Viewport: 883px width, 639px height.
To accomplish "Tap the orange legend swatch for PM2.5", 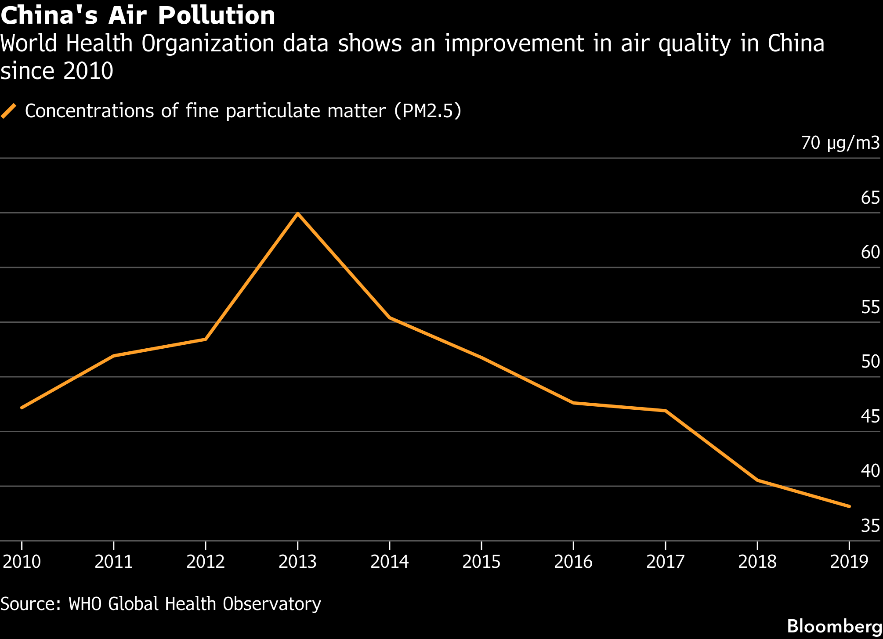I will (x=8, y=111).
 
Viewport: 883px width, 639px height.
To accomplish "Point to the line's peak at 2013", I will (x=298, y=213).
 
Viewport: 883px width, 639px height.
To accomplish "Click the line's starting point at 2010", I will (x=22, y=408).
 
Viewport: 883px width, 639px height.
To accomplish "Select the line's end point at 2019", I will (x=849, y=506).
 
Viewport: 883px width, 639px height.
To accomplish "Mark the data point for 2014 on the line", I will (x=390, y=318).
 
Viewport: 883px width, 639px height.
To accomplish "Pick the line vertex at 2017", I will (x=666, y=411).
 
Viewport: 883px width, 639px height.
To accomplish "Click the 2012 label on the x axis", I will (x=206, y=562).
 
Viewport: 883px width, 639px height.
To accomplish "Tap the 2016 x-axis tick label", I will (x=573, y=562).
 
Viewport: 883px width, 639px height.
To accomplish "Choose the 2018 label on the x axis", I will (x=757, y=562).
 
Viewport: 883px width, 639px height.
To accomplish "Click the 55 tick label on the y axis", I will (x=870, y=307).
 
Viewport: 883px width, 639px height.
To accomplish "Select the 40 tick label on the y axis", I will (x=870, y=471).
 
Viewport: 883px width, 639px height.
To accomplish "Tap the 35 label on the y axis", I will (x=870, y=526).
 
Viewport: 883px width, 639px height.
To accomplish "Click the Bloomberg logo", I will (x=834, y=626).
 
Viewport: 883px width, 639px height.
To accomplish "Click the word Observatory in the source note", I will (x=272, y=604).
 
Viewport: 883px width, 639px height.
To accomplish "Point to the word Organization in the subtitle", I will (x=208, y=44).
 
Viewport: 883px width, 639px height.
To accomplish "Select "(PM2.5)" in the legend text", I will (x=427, y=111).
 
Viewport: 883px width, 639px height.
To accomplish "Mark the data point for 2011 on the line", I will (x=114, y=355).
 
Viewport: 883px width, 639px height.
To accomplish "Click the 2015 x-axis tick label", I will (x=481, y=562).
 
